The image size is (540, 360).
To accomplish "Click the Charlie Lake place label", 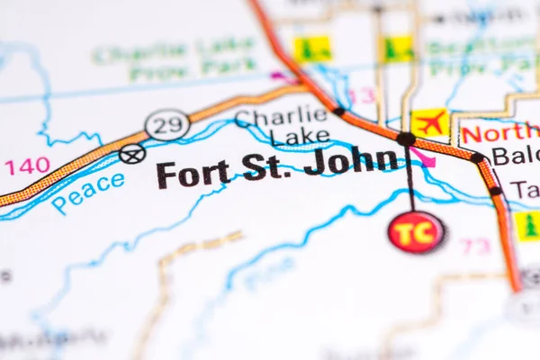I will (x=282, y=126).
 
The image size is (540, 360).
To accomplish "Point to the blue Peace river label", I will (x=88, y=192).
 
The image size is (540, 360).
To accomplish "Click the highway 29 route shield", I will (x=167, y=125).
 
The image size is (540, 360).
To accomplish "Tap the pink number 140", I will (x=27, y=166).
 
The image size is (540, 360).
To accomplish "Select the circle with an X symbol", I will (x=132, y=154).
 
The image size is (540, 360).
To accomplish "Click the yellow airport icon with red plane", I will (x=430, y=123).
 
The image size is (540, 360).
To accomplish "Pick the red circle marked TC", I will (x=416, y=232).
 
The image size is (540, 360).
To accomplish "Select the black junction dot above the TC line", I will (x=407, y=139).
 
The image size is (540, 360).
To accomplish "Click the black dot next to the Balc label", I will (x=477, y=157).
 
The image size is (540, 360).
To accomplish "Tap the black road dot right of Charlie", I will (x=339, y=112).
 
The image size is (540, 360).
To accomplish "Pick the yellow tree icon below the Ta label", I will (x=527, y=225).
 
